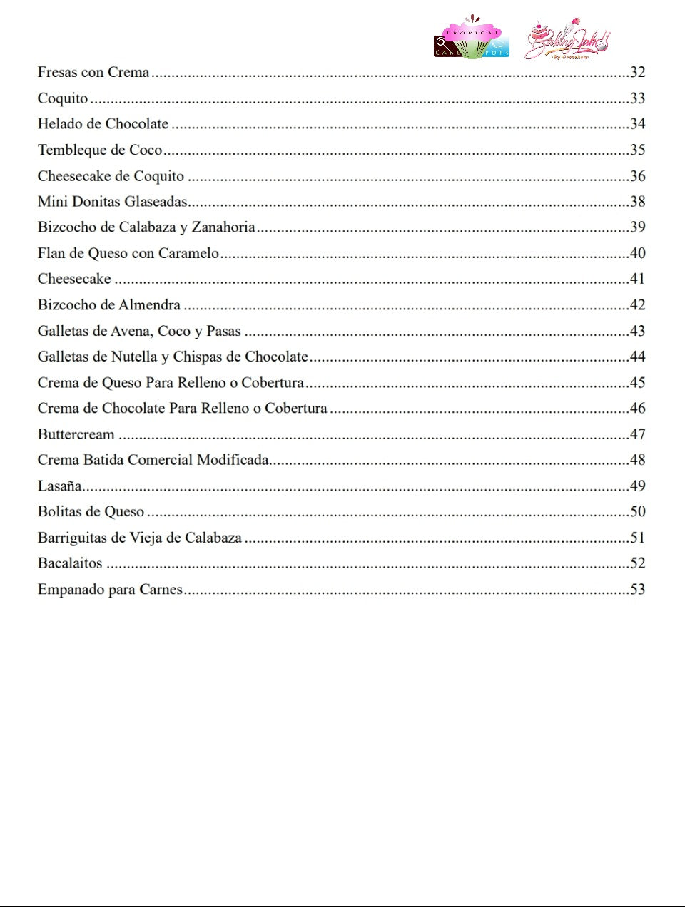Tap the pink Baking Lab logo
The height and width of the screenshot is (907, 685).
coord(568,40)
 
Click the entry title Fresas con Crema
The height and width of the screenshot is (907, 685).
coord(93,72)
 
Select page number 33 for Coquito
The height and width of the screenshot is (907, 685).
coord(637,98)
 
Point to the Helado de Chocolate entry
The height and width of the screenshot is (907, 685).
coord(103,124)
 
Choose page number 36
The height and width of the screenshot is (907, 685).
coord(637,176)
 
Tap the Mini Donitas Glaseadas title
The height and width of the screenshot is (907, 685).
coord(112,202)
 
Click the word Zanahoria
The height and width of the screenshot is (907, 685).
coord(223,227)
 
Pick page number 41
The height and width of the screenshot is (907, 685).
coord(637,279)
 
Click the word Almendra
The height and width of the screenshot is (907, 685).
coord(151,305)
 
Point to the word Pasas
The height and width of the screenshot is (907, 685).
coord(223,331)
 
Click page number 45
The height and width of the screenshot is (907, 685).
coord(637,383)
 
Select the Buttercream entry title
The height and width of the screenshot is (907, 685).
coord(76,434)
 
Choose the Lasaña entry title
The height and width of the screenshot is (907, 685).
coord(59,486)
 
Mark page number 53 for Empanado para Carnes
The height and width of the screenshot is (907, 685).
coord(637,590)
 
